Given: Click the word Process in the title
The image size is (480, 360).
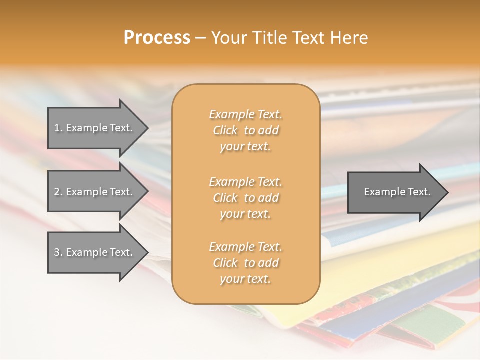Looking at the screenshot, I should click(x=157, y=38).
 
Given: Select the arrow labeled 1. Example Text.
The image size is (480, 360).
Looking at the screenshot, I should click(x=95, y=128).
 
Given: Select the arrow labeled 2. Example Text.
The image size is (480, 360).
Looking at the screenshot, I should click(x=95, y=192).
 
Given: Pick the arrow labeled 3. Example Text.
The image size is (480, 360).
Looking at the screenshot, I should click(x=95, y=252).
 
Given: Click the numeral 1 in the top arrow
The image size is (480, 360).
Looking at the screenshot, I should click(x=56, y=128).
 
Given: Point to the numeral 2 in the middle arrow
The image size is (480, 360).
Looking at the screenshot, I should click(x=56, y=192).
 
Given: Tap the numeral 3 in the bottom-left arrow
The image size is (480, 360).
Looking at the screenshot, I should click(x=56, y=252).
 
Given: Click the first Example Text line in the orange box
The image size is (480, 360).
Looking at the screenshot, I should click(x=245, y=114).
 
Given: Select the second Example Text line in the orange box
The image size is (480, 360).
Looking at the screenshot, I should click(x=245, y=182).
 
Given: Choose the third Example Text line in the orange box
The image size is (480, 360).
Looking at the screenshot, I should click(x=245, y=247).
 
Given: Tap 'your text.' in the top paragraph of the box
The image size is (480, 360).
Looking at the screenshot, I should click(x=245, y=147).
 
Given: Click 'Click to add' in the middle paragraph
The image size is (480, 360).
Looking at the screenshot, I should click(x=245, y=198).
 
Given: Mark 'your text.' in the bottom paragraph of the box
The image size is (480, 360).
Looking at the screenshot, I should click(x=245, y=279).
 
